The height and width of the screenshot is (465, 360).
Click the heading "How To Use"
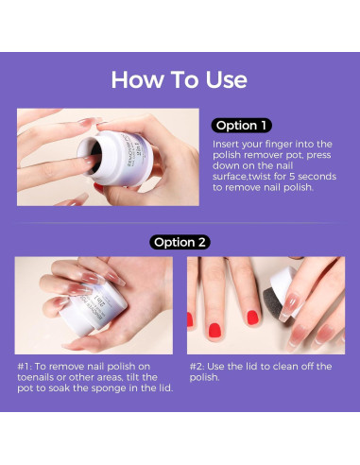coord(180,78)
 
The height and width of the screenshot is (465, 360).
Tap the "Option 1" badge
coord(244,125)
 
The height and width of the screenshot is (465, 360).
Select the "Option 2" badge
coord(180,242)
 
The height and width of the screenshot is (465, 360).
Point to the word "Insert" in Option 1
coord(227,144)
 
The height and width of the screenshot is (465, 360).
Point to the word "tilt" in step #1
coord(131,377)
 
